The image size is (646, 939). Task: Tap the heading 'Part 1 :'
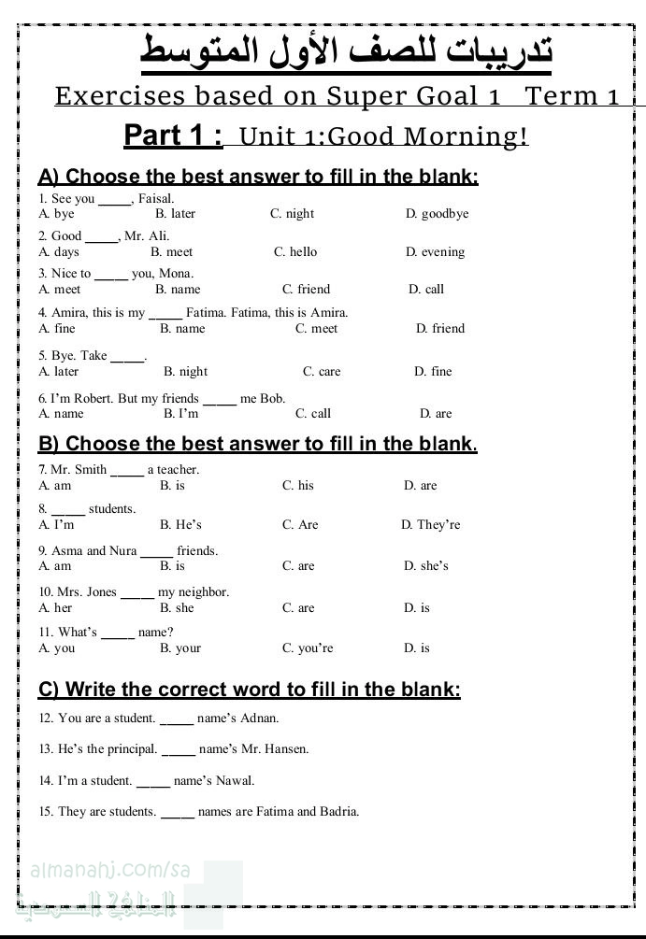pos(174,135)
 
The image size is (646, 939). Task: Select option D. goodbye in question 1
pos(437,214)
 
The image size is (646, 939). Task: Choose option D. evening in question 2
pos(435,252)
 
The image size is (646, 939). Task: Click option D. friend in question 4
pos(440,329)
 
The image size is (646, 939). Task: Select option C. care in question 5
pos(322,372)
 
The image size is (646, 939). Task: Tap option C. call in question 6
pos(313,414)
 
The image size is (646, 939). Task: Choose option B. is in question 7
pos(172,486)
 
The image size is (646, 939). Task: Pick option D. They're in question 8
pos(431,525)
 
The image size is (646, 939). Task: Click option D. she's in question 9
pos(426,566)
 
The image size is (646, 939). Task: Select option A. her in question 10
pos(55,608)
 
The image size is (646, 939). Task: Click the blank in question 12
pos(177,720)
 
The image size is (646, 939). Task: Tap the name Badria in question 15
pos(337,812)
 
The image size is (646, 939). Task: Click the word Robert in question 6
pos(93,399)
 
